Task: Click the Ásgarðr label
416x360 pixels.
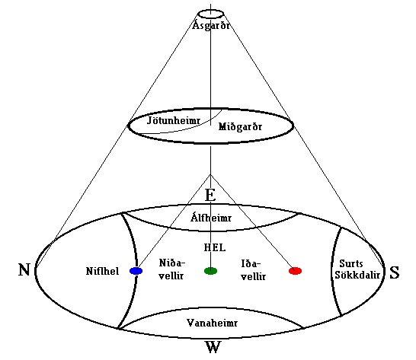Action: point(211,25)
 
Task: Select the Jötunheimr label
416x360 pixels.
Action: point(174,120)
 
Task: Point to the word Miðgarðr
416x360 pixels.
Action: point(240,126)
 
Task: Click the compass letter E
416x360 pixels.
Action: point(210,195)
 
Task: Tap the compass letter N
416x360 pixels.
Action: point(24,269)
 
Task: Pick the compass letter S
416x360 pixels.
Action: point(394,272)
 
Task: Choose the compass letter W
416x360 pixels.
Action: point(213,347)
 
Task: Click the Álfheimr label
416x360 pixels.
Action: point(211,218)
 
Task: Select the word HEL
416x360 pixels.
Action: point(215,247)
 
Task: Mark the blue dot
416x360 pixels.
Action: point(136,271)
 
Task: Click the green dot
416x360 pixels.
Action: point(210,271)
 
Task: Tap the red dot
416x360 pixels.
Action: point(295,271)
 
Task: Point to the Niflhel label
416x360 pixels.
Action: point(102,271)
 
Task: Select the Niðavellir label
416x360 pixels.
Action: point(171,269)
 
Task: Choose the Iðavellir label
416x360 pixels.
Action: point(254,270)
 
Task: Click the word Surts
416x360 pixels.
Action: point(351,264)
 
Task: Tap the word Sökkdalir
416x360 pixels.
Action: point(357,275)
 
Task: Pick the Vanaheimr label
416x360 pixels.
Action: point(212,323)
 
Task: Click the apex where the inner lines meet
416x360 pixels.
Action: point(210,174)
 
